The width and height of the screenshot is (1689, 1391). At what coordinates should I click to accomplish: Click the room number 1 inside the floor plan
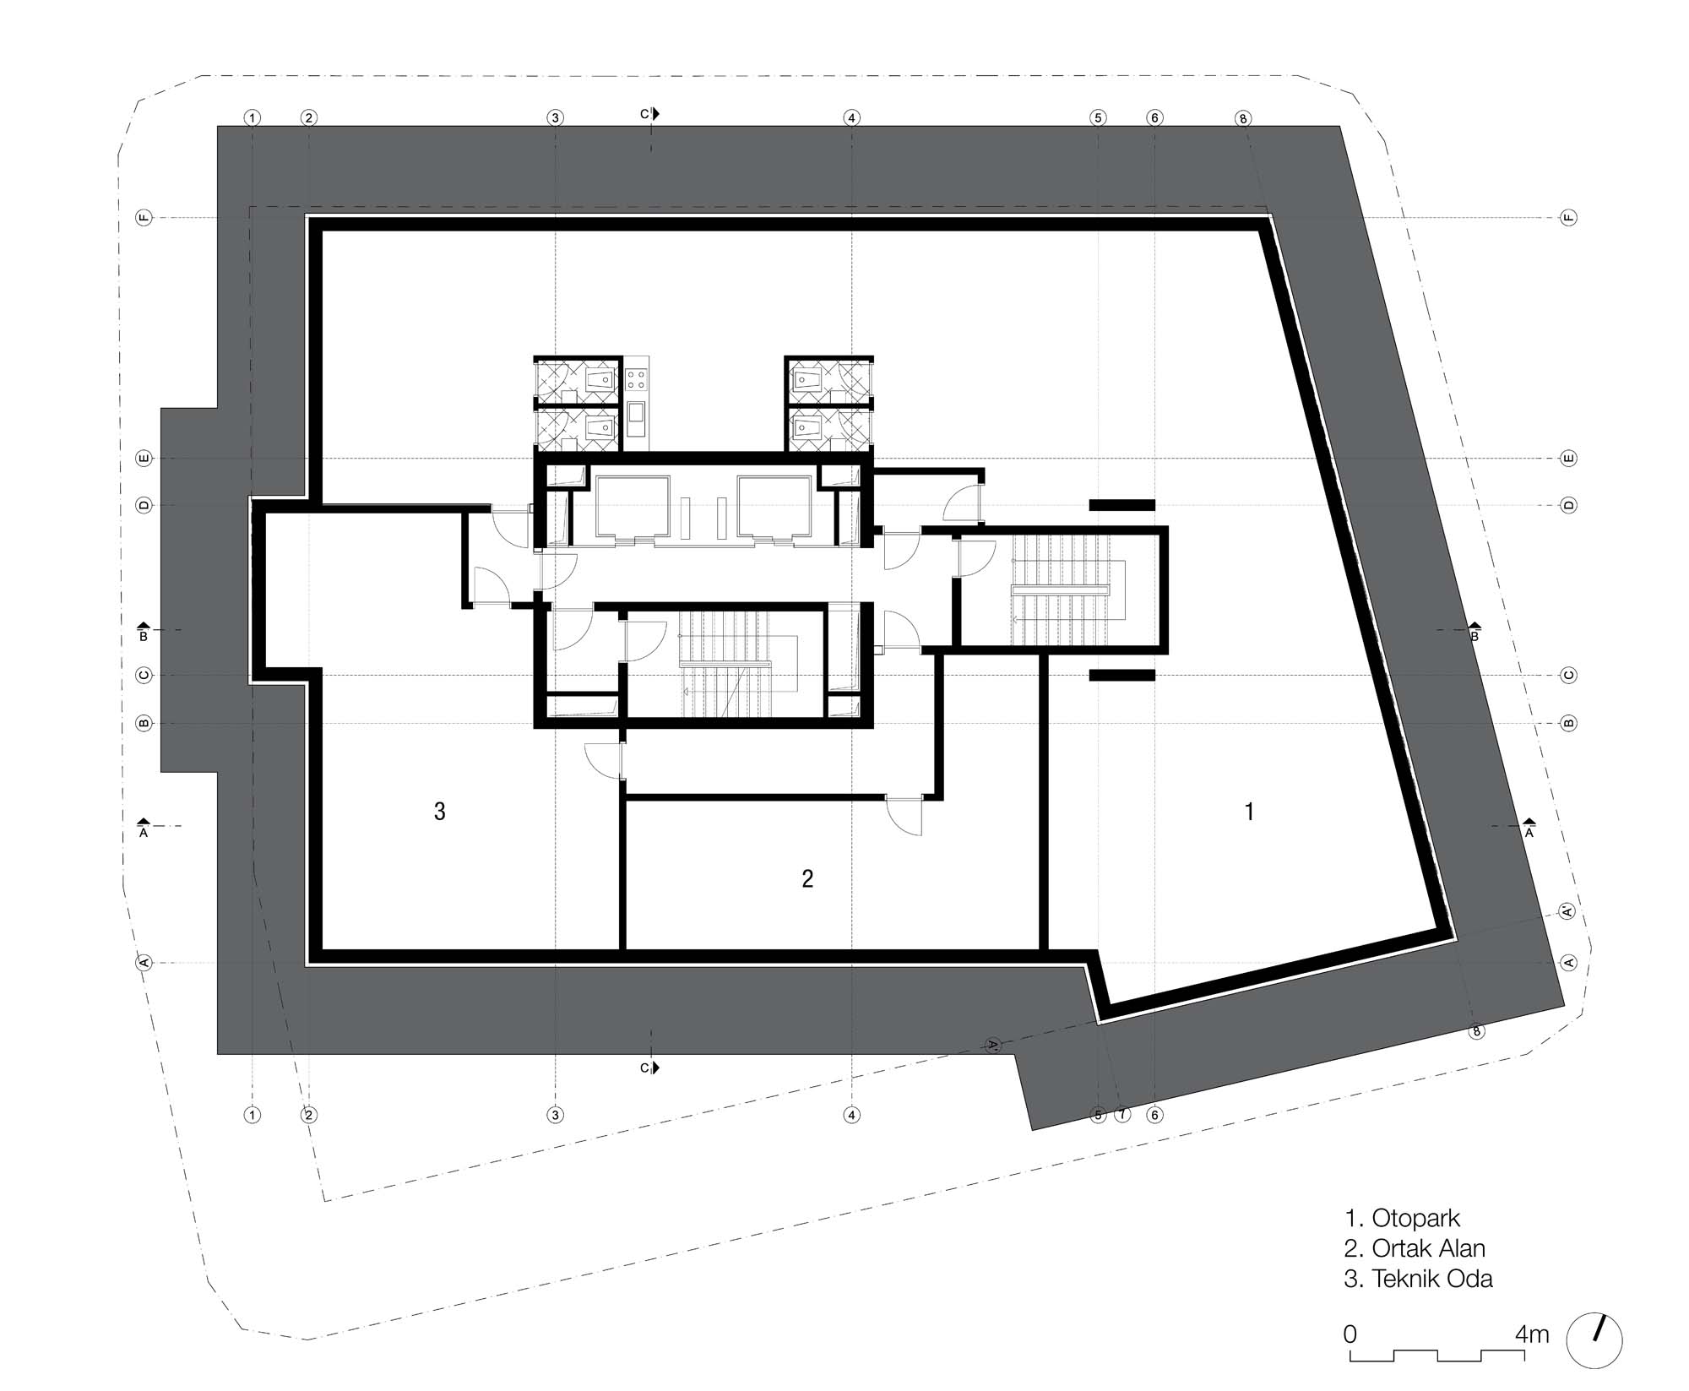1249,812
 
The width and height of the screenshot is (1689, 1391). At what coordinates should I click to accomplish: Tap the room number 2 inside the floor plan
807,879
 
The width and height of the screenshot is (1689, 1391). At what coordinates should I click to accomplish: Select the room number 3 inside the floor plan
439,812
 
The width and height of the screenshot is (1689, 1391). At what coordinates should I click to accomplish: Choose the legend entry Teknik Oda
1432,1279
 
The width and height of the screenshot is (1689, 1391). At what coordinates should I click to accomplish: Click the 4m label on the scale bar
1532,1334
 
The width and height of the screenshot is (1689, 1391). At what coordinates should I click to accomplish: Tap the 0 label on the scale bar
1350,1334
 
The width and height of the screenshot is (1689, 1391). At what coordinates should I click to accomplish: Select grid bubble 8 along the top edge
1242,118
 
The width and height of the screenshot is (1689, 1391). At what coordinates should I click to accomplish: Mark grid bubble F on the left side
144,218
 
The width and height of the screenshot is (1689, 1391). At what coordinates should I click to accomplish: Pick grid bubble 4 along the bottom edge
851,1115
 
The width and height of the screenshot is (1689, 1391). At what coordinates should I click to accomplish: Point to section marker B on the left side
144,632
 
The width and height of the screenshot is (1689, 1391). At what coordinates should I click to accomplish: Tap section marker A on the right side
1529,828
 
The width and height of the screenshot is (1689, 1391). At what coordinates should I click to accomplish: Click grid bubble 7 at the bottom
1122,1115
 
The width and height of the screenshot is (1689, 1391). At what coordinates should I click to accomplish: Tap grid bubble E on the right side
1568,459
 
